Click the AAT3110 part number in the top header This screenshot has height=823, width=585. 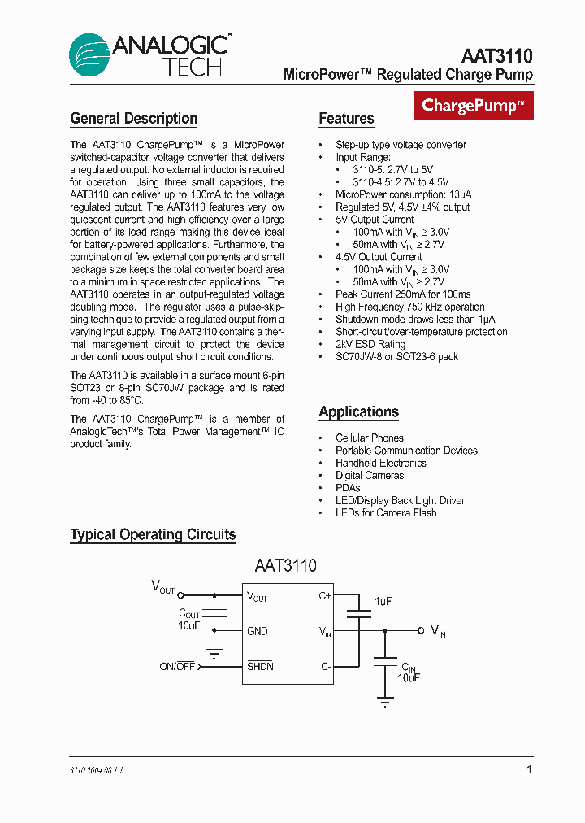tap(496, 56)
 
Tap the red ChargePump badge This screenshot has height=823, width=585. tap(473, 106)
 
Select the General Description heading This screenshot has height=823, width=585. tap(134, 119)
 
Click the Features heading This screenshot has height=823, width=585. tap(346, 119)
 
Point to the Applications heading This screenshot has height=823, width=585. tap(358, 412)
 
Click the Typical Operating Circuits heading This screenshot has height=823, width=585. tap(153, 535)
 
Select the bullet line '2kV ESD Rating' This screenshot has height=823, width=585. tap(370, 344)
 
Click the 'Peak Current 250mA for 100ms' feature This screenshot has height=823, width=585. tap(403, 294)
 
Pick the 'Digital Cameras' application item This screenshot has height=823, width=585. tap(370, 476)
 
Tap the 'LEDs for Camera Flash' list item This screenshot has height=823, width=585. tap(386, 513)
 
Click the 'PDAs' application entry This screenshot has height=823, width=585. tap(348, 488)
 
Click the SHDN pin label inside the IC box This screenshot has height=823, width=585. tap(260, 667)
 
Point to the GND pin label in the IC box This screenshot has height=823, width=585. tap(257, 631)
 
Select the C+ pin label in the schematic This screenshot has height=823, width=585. tap(324, 595)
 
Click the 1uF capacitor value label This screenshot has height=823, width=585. tap(383, 601)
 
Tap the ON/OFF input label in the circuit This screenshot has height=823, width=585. tap(177, 667)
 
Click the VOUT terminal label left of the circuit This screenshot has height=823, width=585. tap(162, 586)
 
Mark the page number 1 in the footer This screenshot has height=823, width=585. tap(529, 769)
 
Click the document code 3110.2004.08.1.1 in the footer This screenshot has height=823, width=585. tap(96, 769)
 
